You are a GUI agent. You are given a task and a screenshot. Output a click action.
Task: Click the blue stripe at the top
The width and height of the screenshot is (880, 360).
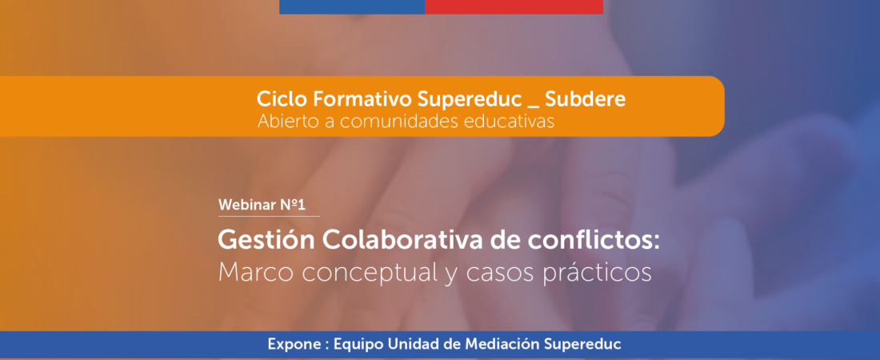tap(352, 6)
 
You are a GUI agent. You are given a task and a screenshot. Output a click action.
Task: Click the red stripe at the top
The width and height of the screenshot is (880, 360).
tap(514, 6)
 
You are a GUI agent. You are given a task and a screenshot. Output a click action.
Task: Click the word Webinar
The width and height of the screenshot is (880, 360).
tap(247, 206)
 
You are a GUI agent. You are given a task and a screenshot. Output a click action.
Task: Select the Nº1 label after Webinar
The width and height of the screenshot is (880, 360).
tap(292, 206)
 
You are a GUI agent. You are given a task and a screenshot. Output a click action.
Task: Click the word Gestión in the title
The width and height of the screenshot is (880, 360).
tap(266, 240)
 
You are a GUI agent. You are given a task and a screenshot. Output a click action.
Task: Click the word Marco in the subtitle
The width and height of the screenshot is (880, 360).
tap(256, 273)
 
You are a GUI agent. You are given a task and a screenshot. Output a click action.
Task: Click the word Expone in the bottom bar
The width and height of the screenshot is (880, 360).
tap(290, 343)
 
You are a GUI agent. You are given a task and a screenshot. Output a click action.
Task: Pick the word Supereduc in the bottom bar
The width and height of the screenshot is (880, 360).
tap(581, 343)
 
